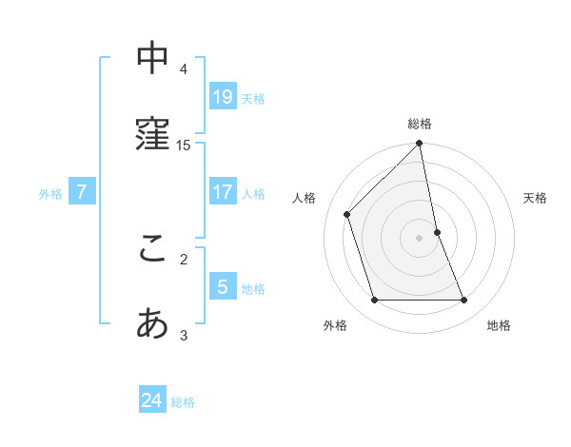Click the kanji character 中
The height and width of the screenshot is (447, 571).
tap(152, 59)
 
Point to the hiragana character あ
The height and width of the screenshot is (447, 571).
tap(152, 325)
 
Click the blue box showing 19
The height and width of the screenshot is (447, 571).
tap(223, 96)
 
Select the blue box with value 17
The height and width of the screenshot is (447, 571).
tap(223, 192)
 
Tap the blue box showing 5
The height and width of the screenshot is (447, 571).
tap(223, 287)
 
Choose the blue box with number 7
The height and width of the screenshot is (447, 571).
tap(82, 192)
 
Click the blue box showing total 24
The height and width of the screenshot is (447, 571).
tap(152, 400)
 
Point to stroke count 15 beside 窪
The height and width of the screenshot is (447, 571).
tap(184, 146)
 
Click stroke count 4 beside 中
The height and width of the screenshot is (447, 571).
tap(184, 68)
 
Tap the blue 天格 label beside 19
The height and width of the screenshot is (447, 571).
tap(253, 98)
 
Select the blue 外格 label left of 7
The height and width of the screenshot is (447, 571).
tap(50, 194)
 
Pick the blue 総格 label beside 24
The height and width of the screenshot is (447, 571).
tap(183, 402)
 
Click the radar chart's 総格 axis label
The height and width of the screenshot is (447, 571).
tap(420, 124)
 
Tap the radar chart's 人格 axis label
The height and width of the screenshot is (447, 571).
tap(305, 198)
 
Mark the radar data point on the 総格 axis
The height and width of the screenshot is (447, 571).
tap(420, 145)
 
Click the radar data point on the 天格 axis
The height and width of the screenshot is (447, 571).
tap(437, 232)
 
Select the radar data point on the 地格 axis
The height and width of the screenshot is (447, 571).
tap(464, 301)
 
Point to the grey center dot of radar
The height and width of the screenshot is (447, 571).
tap(420, 238)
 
